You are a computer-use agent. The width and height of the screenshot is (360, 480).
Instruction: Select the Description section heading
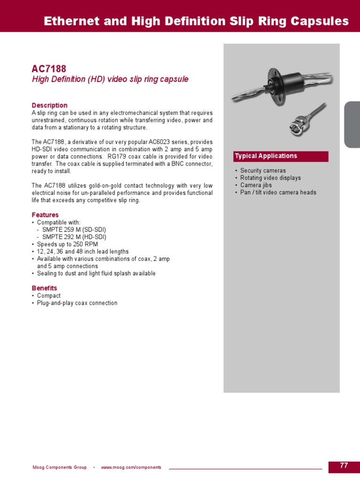(50, 105)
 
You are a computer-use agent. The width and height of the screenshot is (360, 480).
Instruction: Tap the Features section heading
(45, 215)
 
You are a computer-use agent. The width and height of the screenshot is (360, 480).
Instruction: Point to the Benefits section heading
(45, 288)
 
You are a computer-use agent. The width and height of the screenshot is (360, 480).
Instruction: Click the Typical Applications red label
(266, 156)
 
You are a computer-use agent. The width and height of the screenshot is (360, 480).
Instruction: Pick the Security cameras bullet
(262, 171)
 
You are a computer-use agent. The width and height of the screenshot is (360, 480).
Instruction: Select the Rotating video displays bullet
(270, 178)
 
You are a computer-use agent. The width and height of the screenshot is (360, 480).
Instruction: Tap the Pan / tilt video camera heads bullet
(278, 193)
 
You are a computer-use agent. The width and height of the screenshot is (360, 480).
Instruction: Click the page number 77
(344, 466)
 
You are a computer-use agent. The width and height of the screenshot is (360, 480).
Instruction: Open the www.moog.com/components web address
(131, 467)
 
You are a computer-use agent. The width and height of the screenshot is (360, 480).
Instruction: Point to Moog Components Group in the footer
(60, 467)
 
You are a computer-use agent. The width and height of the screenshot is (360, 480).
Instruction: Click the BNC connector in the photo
(296, 126)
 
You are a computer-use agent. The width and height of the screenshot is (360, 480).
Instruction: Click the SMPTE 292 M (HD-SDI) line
(74, 237)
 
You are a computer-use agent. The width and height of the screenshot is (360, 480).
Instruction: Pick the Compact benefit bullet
(49, 296)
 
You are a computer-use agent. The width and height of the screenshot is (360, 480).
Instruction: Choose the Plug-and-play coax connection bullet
(77, 303)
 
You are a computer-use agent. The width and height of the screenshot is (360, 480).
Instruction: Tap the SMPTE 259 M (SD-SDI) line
(74, 230)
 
